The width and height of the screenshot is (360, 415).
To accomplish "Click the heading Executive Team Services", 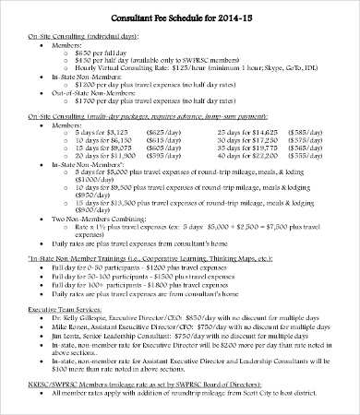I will click(59, 307).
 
